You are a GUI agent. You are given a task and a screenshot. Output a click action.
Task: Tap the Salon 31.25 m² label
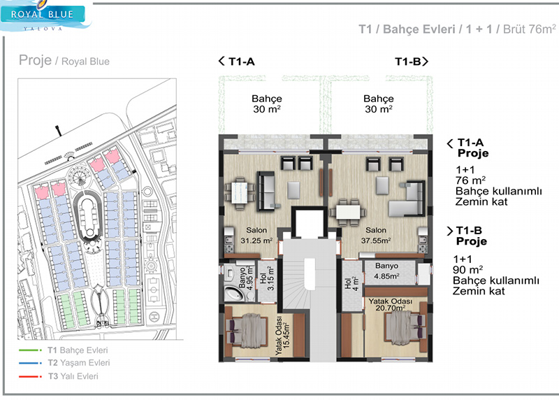[x=256, y=236]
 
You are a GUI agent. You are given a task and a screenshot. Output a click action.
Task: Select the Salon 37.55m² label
[x=376, y=236]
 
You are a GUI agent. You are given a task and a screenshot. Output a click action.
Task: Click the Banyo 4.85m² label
[x=387, y=271]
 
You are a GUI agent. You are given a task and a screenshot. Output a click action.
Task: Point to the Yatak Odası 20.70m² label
[x=391, y=304]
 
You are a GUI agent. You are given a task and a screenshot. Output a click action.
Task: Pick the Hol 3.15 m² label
[x=267, y=278]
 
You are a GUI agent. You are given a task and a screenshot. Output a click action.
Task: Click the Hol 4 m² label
[x=351, y=284]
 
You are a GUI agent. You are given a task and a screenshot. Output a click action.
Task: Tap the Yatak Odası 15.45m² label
[x=283, y=336]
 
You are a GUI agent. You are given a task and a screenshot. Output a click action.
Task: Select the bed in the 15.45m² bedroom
[x=248, y=330]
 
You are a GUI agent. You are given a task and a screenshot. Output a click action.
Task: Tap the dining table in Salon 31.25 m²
[x=240, y=192]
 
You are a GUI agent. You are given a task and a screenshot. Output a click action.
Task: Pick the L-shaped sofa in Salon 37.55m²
[x=407, y=199]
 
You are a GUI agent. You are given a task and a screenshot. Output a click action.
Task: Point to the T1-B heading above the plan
[x=412, y=62]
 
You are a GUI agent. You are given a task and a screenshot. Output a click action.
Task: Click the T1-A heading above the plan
[x=237, y=62]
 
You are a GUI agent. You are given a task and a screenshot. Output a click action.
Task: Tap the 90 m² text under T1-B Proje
[x=467, y=269]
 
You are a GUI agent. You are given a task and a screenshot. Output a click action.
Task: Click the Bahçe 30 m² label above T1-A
[x=267, y=103]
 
